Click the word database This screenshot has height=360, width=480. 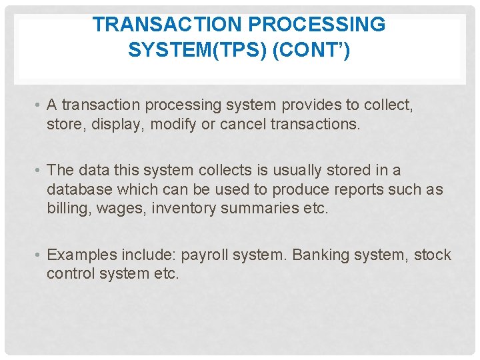click(78, 189)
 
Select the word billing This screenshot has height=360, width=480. click(67, 209)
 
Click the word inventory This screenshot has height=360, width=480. click(185, 209)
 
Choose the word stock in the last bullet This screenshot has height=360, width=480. click(433, 255)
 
